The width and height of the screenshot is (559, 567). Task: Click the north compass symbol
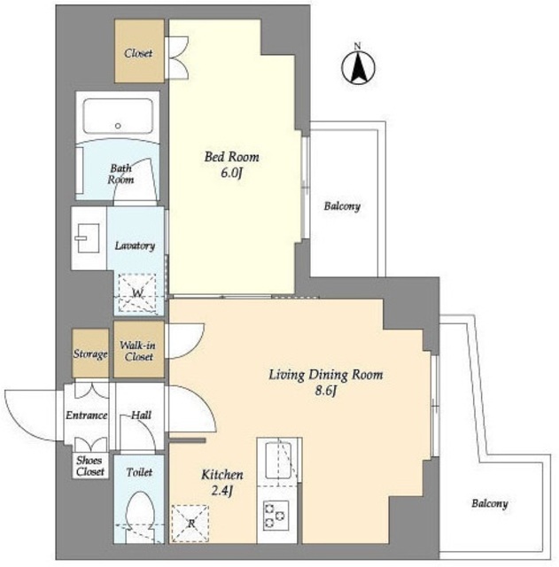click(x=358, y=67)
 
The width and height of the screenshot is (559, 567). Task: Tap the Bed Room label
click(x=232, y=157)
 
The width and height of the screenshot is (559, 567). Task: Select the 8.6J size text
click(x=326, y=392)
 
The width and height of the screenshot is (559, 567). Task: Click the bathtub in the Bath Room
click(x=118, y=116)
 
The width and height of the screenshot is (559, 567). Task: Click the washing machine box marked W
click(x=137, y=292)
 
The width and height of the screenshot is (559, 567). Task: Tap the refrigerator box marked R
click(x=190, y=523)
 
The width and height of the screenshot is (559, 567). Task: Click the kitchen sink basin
click(x=279, y=460)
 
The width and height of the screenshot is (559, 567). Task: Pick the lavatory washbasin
click(x=88, y=238)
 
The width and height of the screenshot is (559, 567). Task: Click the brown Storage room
click(x=90, y=353)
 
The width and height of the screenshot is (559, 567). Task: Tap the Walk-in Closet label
click(x=138, y=351)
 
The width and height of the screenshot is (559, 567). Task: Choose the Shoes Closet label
click(x=90, y=466)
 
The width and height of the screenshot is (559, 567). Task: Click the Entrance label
click(x=87, y=416)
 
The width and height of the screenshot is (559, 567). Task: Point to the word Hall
click(x=141, y=415)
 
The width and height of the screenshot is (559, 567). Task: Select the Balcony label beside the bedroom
click(x=342, y=206)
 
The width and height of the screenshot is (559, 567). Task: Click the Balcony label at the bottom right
click(x=490, y=503)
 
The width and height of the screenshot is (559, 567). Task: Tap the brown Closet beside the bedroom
click(x=140, y=51)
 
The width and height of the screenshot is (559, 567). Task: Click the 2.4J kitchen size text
click(x=222, y=491)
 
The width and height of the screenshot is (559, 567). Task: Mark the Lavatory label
click(x=135, y=246)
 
